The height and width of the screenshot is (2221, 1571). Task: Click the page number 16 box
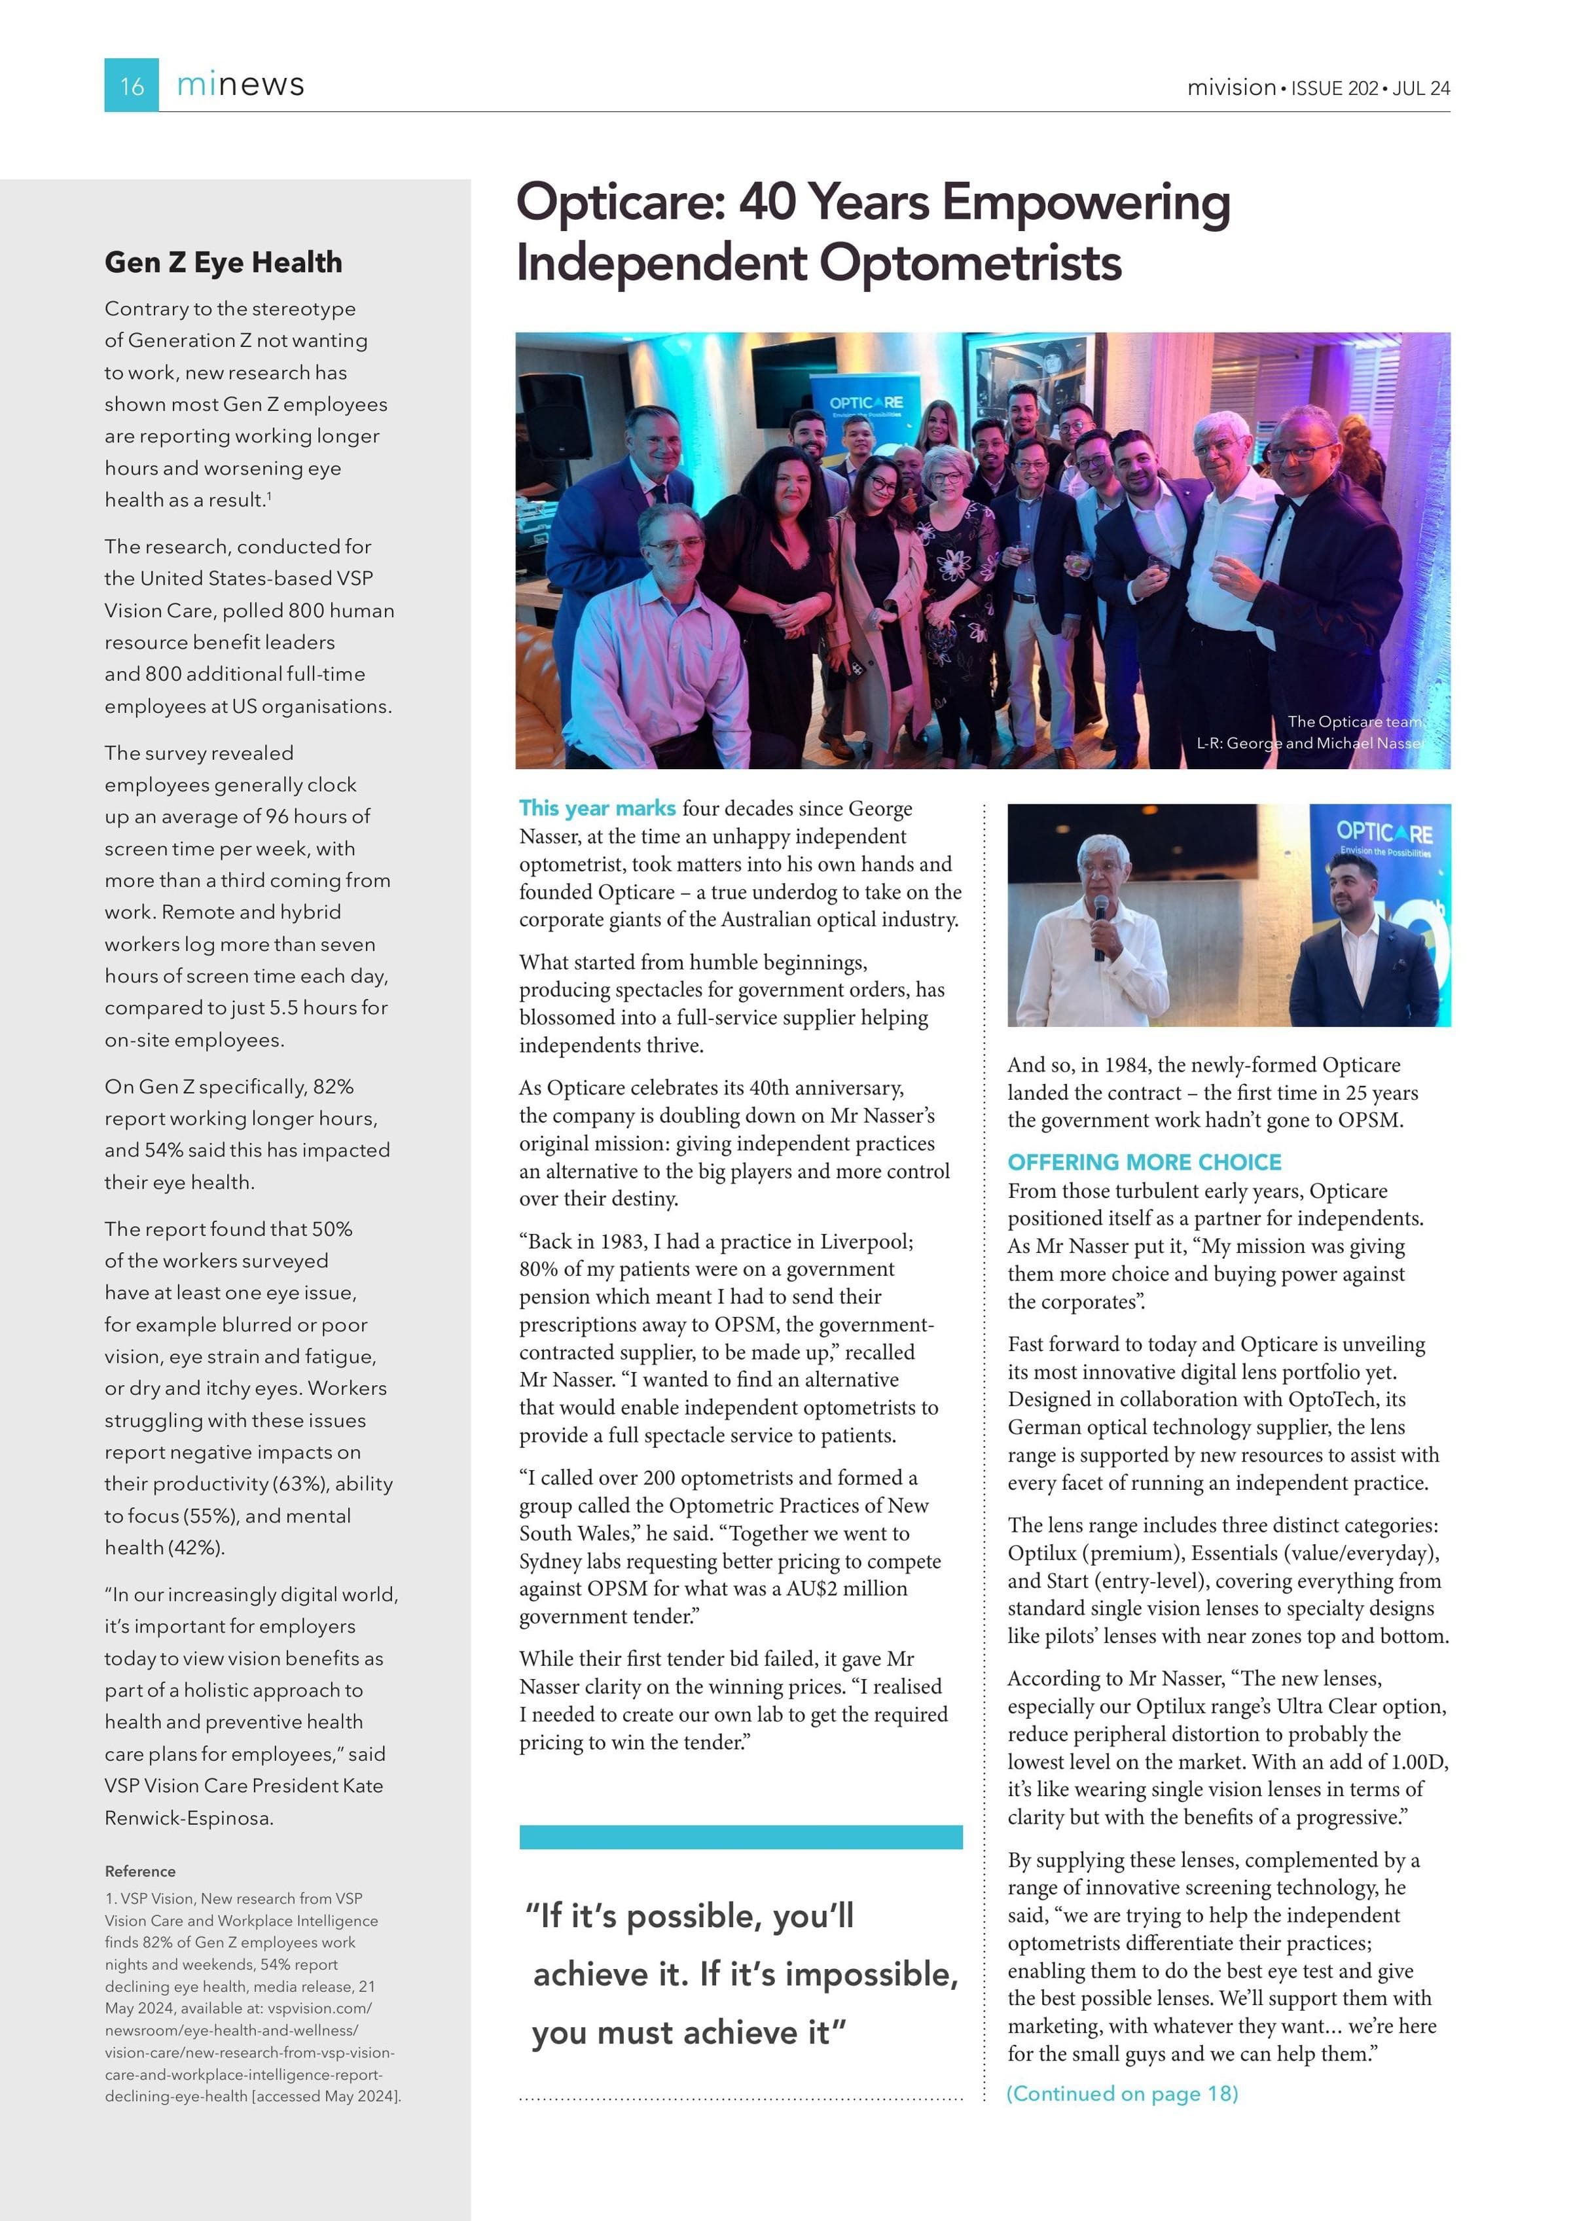pos(132,85)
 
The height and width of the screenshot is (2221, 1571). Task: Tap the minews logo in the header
pos(240,85)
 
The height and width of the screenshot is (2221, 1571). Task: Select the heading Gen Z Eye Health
pos(223,262)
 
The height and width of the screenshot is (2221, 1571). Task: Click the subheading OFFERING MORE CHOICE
pos(1144,1162)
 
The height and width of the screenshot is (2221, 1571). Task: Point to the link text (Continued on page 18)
pos(1122,2093)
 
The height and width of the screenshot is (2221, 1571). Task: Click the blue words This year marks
pos(597,808)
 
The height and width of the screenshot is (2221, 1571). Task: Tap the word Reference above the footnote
pos(140,1871)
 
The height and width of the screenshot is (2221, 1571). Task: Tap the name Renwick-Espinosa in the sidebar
pos(189,1818)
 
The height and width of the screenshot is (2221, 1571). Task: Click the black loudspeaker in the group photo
pos(556,416)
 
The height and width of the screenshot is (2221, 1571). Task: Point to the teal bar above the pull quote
pos(740,1837)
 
